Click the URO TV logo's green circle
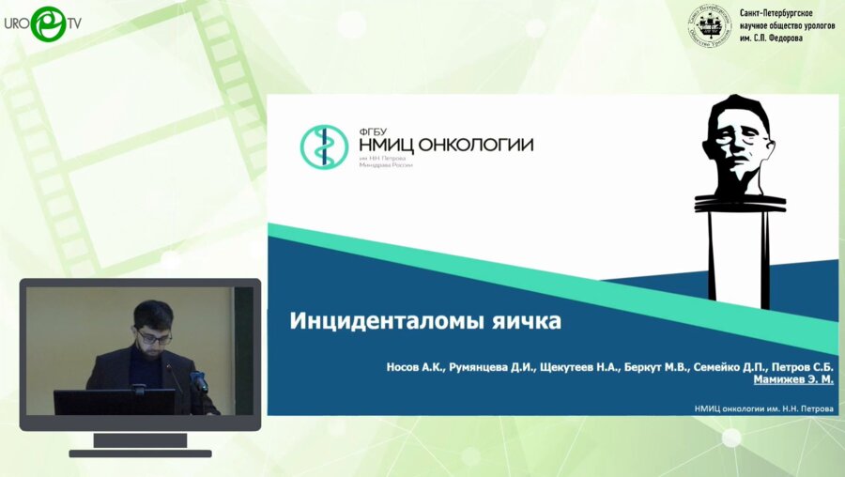48,23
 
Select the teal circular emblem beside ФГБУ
324,146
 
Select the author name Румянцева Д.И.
492,367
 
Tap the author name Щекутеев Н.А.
580,367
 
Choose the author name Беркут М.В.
660,367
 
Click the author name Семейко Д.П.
735,367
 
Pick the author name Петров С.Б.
806,367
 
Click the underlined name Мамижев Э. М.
793,380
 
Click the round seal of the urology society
710,25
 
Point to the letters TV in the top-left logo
73,23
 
